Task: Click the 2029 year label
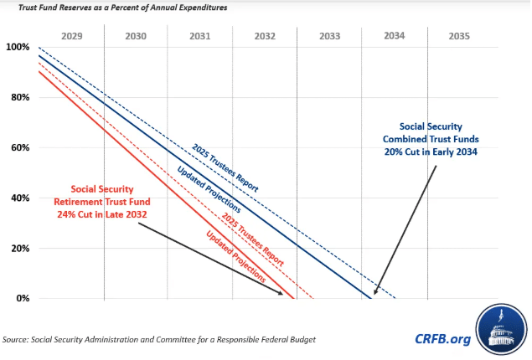(71, 37)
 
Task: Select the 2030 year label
(136, 37)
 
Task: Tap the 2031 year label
(200, 37)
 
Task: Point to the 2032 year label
(265, 37)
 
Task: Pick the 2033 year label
(329, 37)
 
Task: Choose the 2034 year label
(394, 36)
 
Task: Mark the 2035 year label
(459, 37)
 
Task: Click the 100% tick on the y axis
(18, 47)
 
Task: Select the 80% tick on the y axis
(19, 97)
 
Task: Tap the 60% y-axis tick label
(19, 147)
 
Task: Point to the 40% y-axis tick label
(19, 198)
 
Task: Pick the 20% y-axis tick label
(19, 248)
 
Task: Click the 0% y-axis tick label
(22, 298)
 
